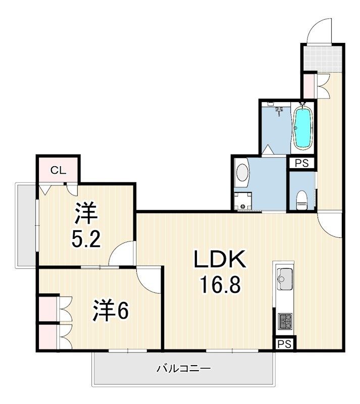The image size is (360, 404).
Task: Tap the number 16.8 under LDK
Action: click(220, 284)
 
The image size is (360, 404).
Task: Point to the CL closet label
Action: click(58, 170)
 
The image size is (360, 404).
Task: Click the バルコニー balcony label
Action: click(183, 369)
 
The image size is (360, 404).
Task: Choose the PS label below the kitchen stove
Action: click(285, 344)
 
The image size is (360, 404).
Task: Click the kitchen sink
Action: click(284, 279)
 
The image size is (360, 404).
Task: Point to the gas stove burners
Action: click(285, 321)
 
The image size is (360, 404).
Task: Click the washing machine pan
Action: click(242, 201)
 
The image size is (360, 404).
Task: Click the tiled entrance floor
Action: click(322, 59)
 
